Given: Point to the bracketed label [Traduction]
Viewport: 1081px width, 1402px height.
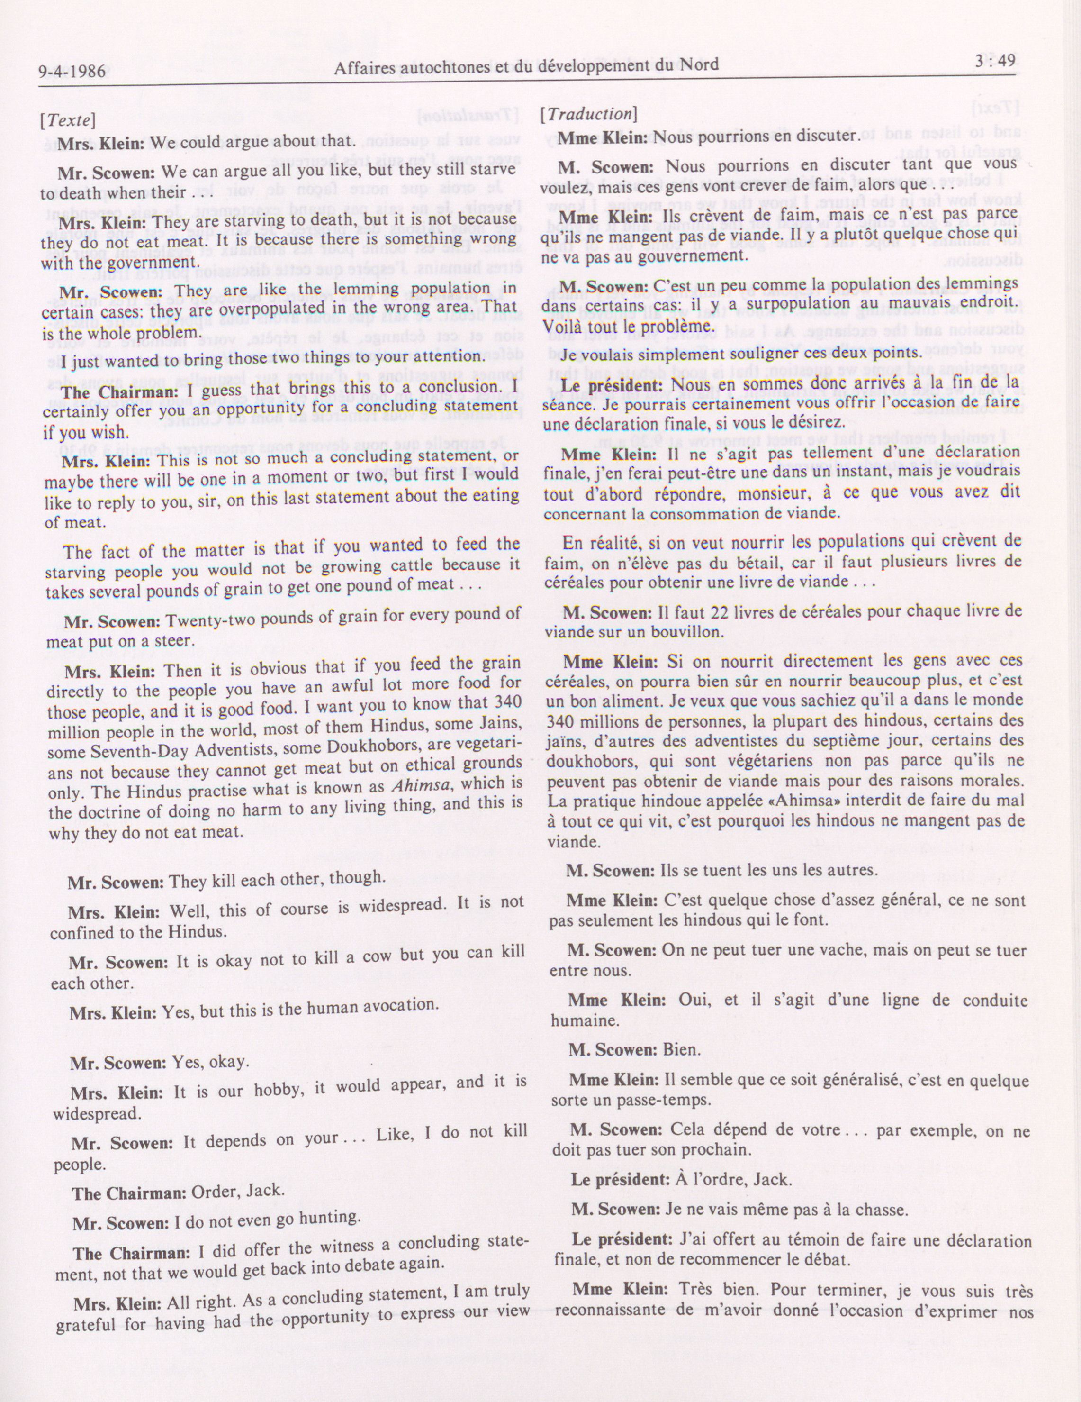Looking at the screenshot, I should (588, 114).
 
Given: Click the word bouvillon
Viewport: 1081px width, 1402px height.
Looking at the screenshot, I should (656, 632).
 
